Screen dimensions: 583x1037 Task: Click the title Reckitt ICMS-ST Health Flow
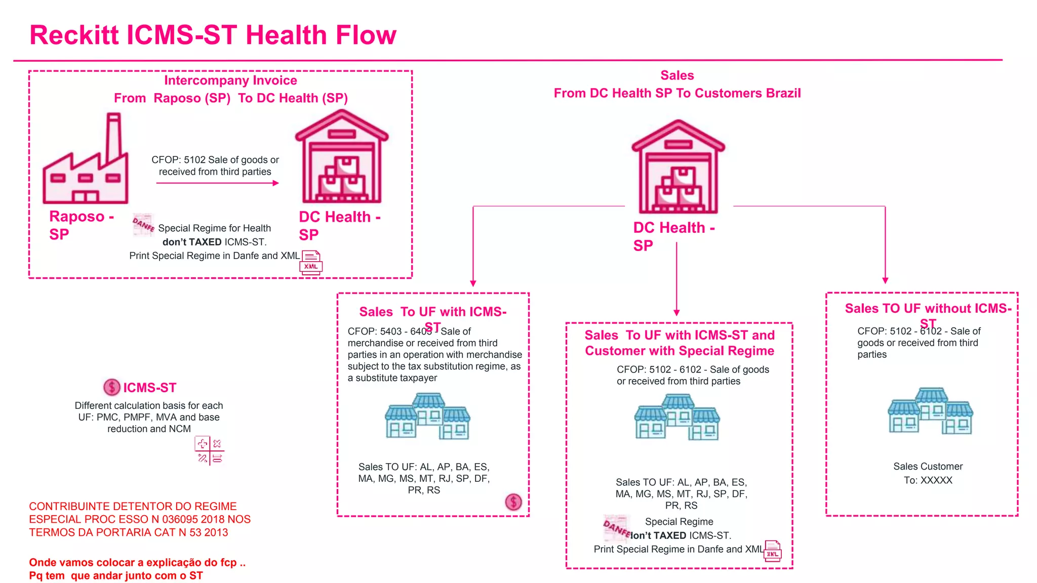tap(213, 35)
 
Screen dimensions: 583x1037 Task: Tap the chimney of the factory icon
tap(113, 137)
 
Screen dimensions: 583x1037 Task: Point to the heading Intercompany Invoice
tap(230, 80)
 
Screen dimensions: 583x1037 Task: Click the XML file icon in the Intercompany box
tap(311, 263)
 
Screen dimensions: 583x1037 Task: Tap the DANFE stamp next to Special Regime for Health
tap(143, 224)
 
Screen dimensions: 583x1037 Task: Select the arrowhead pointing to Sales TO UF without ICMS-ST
tap(885, 280)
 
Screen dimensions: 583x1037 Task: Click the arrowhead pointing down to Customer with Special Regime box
tap(676, 312)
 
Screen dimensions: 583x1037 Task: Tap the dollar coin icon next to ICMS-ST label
tap(111, 387)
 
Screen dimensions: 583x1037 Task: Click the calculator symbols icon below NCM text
tap(209, 451)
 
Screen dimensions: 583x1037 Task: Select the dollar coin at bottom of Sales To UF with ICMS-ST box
tap(513, 502)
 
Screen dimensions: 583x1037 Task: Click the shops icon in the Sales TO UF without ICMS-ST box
tap(931, 411)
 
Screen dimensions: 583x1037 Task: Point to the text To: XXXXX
tap(928, 480)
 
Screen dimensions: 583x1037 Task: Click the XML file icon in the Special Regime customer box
tap(773, 551)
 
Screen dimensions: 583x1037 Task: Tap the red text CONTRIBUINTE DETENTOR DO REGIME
tap(133, 507)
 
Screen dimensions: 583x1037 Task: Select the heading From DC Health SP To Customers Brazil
tap(677, 93)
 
